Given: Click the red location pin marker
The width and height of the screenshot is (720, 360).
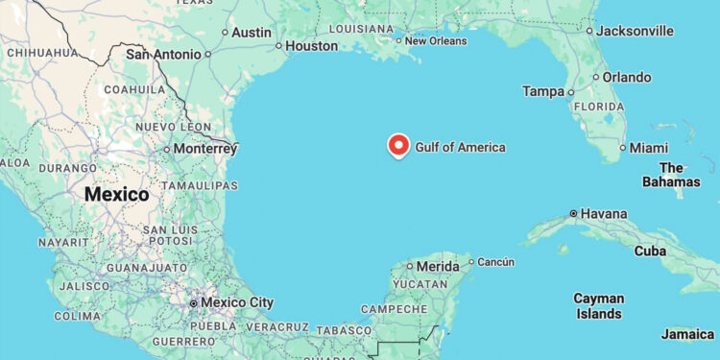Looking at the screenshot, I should coord(398,145).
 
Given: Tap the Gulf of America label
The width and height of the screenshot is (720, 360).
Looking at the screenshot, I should coord(460,147).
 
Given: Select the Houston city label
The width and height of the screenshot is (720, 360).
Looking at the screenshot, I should coord(312,45).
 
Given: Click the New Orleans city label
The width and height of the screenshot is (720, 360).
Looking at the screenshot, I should coord(436,40).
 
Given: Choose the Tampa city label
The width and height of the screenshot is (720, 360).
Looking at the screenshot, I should coord(543,91).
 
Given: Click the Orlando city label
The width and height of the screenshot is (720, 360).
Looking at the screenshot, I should coord(627,77).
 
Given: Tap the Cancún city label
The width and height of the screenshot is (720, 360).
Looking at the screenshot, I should coord(495,261).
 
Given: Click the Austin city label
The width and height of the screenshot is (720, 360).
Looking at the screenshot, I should coord(252,32).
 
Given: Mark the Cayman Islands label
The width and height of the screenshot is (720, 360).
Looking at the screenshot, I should coord(598,305).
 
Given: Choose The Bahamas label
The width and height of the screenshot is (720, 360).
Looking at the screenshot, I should coord(672,174).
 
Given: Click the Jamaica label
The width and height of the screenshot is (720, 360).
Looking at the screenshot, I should coord(687,334).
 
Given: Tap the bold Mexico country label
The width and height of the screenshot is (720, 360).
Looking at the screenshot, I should coord(116,194).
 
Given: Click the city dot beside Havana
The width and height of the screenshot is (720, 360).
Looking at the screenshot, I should coord(573,213).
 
